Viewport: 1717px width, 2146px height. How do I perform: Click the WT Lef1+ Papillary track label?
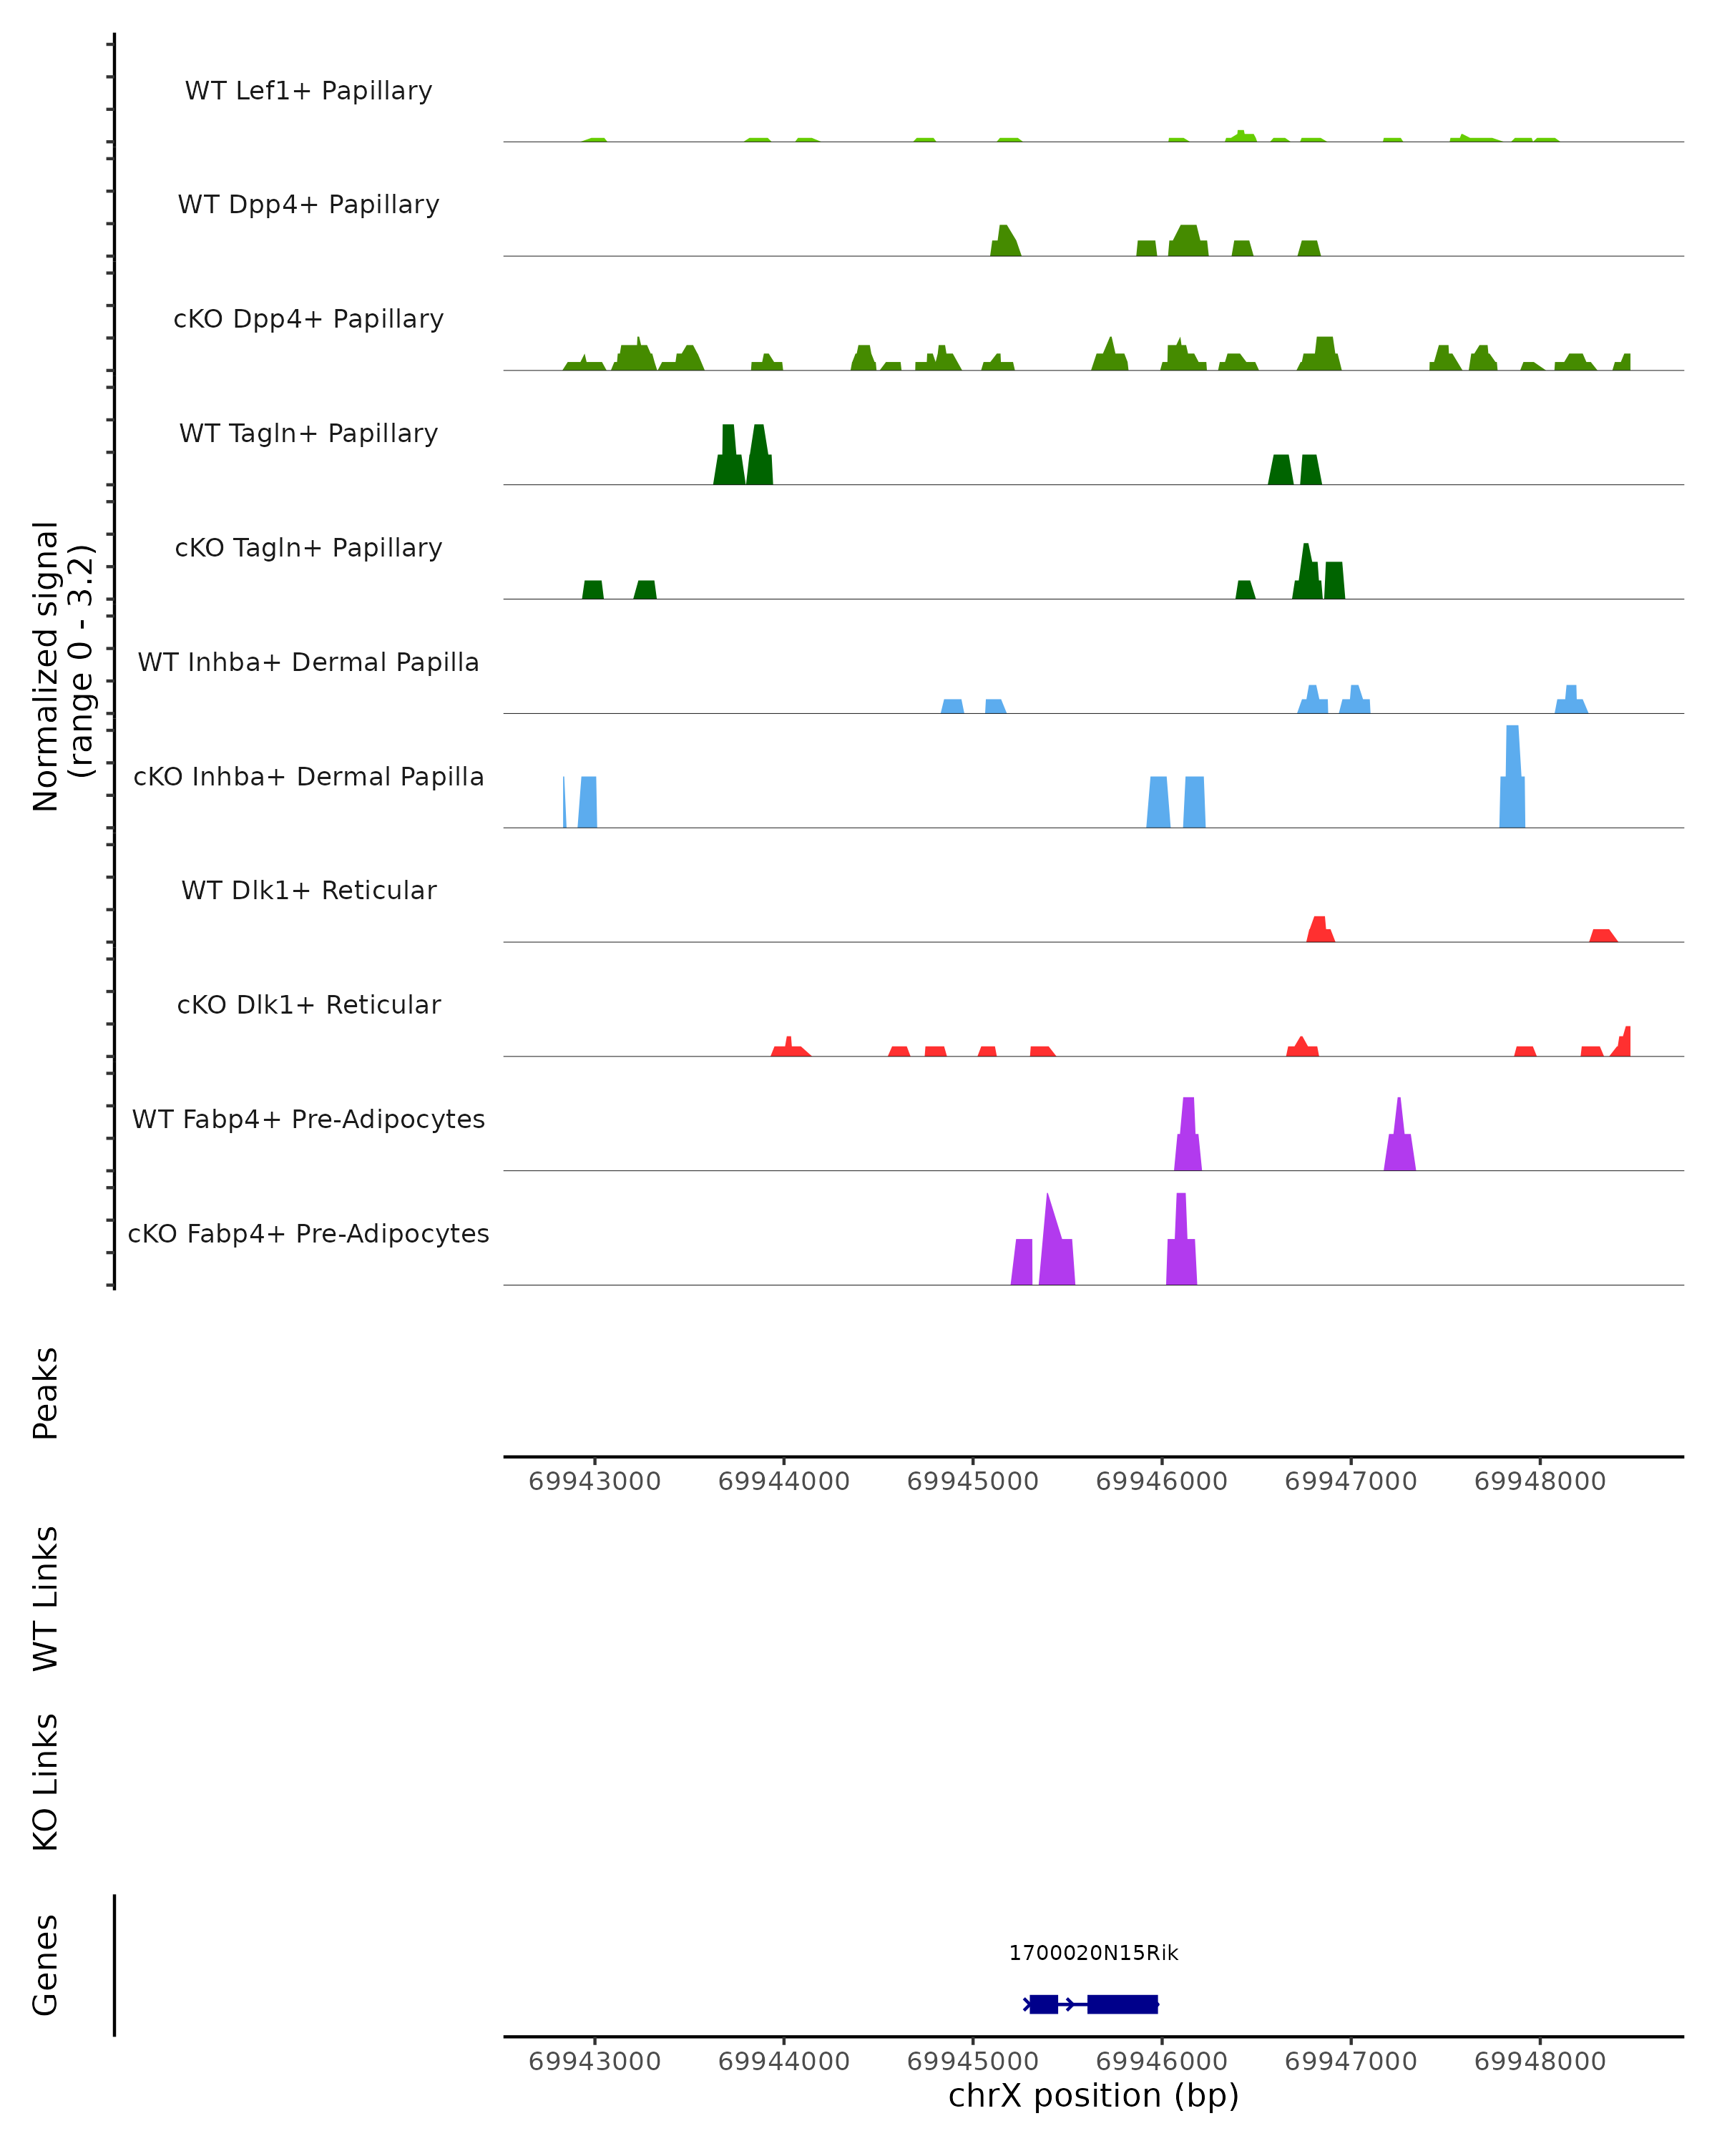pyautogui.click(x=308, y=91)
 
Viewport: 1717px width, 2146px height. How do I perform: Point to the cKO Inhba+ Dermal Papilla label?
pyautogui.click(x=308, y=776)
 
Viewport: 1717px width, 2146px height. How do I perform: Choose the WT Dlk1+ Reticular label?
pyautogui.click(x=308, y=890)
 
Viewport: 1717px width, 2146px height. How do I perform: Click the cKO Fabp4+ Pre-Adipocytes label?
pyautogui.click(x=308, y=1233)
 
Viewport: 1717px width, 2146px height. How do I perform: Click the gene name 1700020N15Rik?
pyautogui.click(x=1093, y=1953)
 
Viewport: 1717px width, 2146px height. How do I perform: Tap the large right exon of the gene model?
pyautogui.click(x=1122, y=2004)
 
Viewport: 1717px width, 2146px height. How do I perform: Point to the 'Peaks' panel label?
pyautogui.click(x=46, y=1393)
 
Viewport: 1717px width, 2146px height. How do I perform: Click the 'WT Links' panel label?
pyautogui.click(x=46, y=1597)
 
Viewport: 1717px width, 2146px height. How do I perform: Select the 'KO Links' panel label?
pyautogui.click(x=46, y=1782)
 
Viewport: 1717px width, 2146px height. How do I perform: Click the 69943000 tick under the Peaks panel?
pyautogui.click(x=595, y=1481)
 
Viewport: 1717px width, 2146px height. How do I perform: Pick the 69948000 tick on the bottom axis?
pyautogui.click(x=1540, y=2062)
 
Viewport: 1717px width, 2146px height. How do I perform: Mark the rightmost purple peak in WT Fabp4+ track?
pyautogui.click(x=1399, y=1140)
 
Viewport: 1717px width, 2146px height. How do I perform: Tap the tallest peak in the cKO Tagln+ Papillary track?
pyautogui.click(x=1306, y=572)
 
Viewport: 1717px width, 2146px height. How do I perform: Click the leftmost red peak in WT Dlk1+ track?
pyautogui.click(x=1320, y=930)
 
